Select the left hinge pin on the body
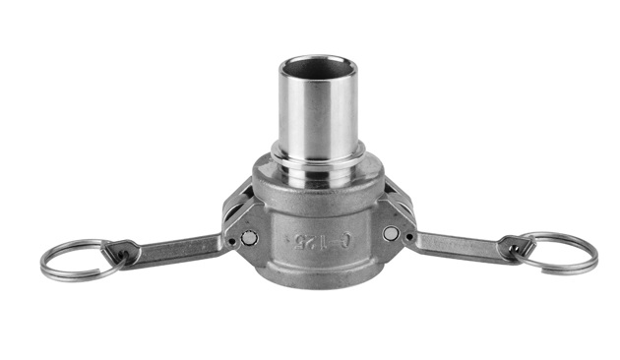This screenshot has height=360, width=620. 248,237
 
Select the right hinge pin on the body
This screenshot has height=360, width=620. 391,234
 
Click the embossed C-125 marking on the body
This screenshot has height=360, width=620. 315,237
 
